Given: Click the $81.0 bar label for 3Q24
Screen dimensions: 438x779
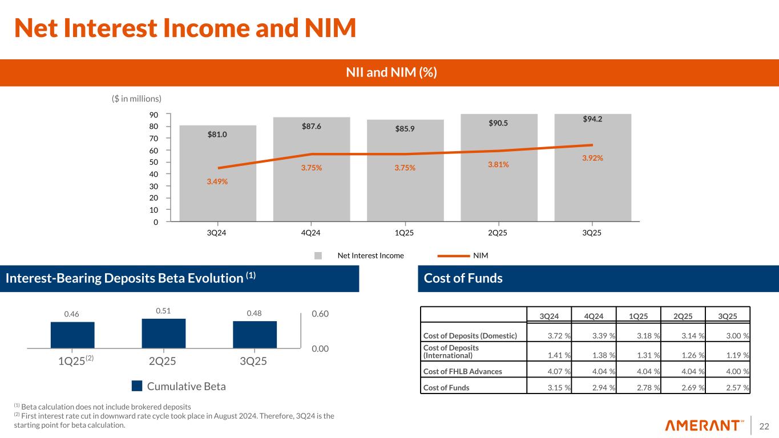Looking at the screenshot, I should [217, 135].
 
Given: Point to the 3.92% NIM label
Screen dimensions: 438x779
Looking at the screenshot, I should [592, 159].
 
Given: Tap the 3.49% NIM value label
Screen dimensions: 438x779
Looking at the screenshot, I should [217, 181].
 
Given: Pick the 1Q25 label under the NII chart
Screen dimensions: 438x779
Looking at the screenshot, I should [405, 233].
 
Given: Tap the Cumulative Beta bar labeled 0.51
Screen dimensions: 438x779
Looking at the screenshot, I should [163, 333].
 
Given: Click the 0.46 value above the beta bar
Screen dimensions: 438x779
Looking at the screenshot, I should [71, 314].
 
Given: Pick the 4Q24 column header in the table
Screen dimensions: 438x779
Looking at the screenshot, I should [595, 317].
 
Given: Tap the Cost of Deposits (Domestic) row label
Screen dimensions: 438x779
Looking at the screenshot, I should [470, 335].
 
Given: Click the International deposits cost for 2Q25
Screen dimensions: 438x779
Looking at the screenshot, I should [686, 355].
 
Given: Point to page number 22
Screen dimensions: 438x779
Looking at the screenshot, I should [764, 425].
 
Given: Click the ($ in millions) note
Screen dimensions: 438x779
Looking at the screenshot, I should [136, 99].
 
